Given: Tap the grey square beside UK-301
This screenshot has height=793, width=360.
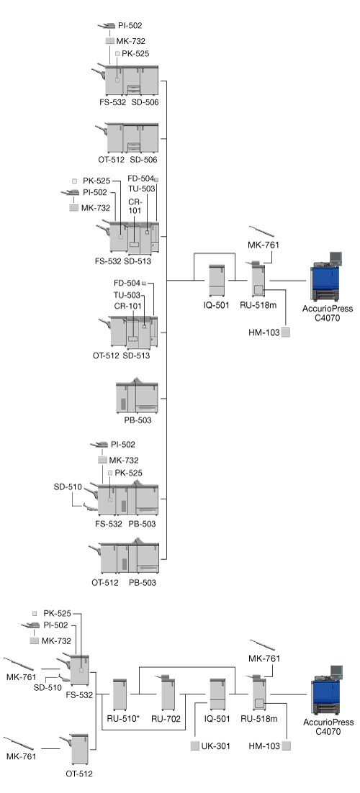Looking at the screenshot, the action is click(x=195, y=746).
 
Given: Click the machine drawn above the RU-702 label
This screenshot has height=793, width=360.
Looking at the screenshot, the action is click(x=168, y=693).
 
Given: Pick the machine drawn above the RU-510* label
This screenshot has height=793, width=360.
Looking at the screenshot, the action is click(x=120, y=695).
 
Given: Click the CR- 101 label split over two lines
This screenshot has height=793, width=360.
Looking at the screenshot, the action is click(x=134, y=205).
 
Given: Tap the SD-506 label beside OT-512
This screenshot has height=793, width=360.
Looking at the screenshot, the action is click(x=143, y=160).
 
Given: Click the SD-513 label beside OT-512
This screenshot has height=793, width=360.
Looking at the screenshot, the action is click(x=136, y=355).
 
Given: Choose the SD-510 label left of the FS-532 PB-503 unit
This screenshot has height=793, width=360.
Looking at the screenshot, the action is click(x=68, y=487).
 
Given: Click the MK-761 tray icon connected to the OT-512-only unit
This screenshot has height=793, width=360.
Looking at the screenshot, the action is click(x=19, y=743).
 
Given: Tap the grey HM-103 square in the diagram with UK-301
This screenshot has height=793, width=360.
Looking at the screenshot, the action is click(x=287, y=746).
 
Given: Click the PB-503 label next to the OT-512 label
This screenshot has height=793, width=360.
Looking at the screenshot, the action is click(x=143, y=583).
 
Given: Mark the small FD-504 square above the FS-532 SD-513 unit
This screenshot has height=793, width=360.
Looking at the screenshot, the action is click(x=156, y=179).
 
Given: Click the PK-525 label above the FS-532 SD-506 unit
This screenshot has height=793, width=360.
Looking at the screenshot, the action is click(x=135, y=53).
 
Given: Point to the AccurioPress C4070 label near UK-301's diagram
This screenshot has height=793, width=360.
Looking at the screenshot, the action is click(x=328, y=727).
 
